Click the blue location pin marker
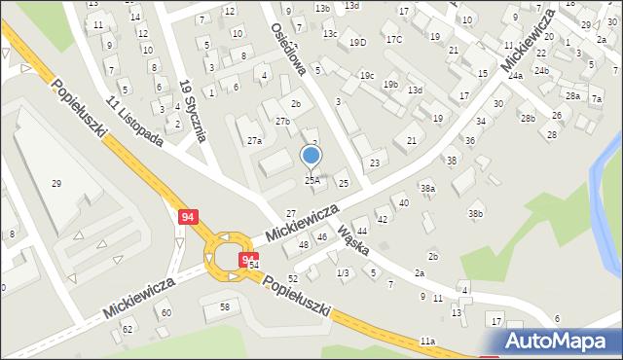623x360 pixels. pos(311,156)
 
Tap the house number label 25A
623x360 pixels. pos(311,180)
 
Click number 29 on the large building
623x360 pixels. pos(56,184)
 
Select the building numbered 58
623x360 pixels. pos(224,306)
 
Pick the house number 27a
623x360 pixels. pos(254,141)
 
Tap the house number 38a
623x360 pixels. pos(427,188)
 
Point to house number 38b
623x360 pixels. pos(475,213)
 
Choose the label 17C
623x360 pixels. pos(393,39)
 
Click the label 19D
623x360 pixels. pos(358,42)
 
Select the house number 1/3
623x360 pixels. pos(343,273)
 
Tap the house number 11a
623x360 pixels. pos(427,342)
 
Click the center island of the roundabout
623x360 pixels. pos(231,256)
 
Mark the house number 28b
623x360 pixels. pos(527,118)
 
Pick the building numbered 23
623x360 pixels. pos(375,162)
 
